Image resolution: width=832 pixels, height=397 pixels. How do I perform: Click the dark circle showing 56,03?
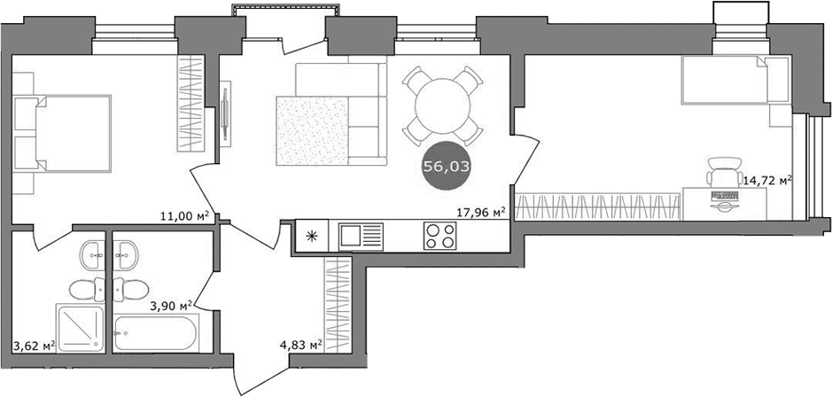click(x=447, y=166)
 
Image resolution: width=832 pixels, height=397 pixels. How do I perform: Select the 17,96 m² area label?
click(x=479, y=212)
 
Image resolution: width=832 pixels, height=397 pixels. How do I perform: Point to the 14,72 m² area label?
click(x=767, y=181)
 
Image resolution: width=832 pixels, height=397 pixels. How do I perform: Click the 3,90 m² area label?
click(x=174, y=306)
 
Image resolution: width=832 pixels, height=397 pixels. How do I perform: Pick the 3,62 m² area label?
click(x=34, y=346)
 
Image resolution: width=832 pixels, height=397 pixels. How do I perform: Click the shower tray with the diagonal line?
click(x=83, y=329)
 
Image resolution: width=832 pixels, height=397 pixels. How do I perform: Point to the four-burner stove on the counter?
click(x=439, y=237)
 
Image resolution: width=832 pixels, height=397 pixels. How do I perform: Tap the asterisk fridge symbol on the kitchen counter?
click(x=311, y=237)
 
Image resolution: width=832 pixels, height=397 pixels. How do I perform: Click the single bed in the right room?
click(x=734, y=80)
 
